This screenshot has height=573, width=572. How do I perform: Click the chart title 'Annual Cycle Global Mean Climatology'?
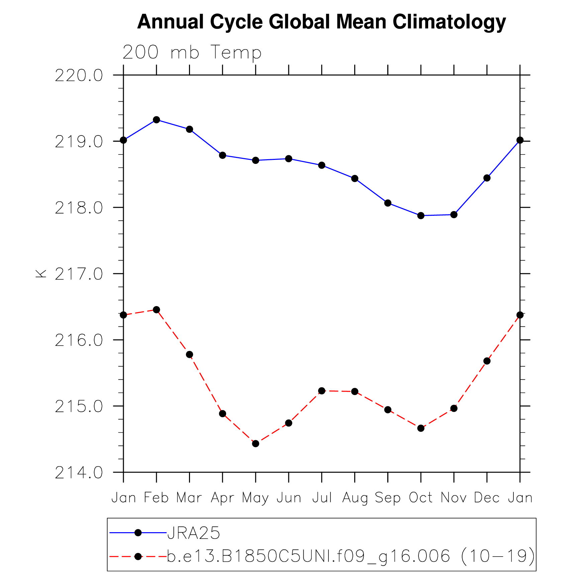(321, 22)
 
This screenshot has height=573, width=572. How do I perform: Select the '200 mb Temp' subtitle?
(192, 53)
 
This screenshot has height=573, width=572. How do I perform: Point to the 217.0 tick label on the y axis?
(79, 274)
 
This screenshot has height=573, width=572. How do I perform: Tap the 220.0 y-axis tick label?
(79, 76)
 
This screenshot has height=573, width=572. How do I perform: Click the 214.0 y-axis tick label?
(79, 473)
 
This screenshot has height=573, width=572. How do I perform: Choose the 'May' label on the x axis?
(255, 498)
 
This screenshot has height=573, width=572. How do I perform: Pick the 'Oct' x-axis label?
(420, 498)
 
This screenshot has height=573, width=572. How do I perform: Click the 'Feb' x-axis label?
(156, 498)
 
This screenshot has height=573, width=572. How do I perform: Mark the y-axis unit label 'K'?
(41, 274)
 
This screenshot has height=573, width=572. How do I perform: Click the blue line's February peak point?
(156, 120)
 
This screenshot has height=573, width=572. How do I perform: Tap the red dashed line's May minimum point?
(256, 444)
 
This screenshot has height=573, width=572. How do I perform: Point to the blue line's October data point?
(421, 216)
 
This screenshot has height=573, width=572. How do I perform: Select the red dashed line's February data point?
(156, 310)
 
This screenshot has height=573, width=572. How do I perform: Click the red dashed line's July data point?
(322, 391)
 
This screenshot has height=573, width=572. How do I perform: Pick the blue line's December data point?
(487, 178)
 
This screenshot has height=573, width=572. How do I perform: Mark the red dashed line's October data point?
(421, 428)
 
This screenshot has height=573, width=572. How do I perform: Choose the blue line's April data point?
(222, 155)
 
